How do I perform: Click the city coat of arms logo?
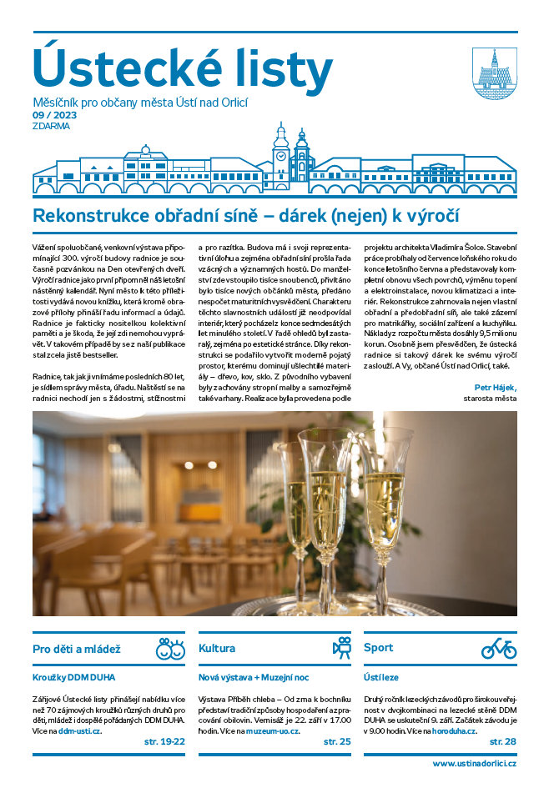(494, 69)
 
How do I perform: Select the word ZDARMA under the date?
(52, 127)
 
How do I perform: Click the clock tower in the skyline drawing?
(281, 150)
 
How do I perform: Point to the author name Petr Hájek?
(496, 386)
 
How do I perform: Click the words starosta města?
(491, 399)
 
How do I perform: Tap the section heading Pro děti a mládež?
(77, 648)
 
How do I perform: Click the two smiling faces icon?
(169, 648)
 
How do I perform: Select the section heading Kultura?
(217, 648)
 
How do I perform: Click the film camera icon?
(341, 648)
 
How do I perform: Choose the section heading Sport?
(378, 648)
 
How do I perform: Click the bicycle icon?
(499, 648)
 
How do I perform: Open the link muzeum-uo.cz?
(272, 730)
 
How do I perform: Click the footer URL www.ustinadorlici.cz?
(474, 763)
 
